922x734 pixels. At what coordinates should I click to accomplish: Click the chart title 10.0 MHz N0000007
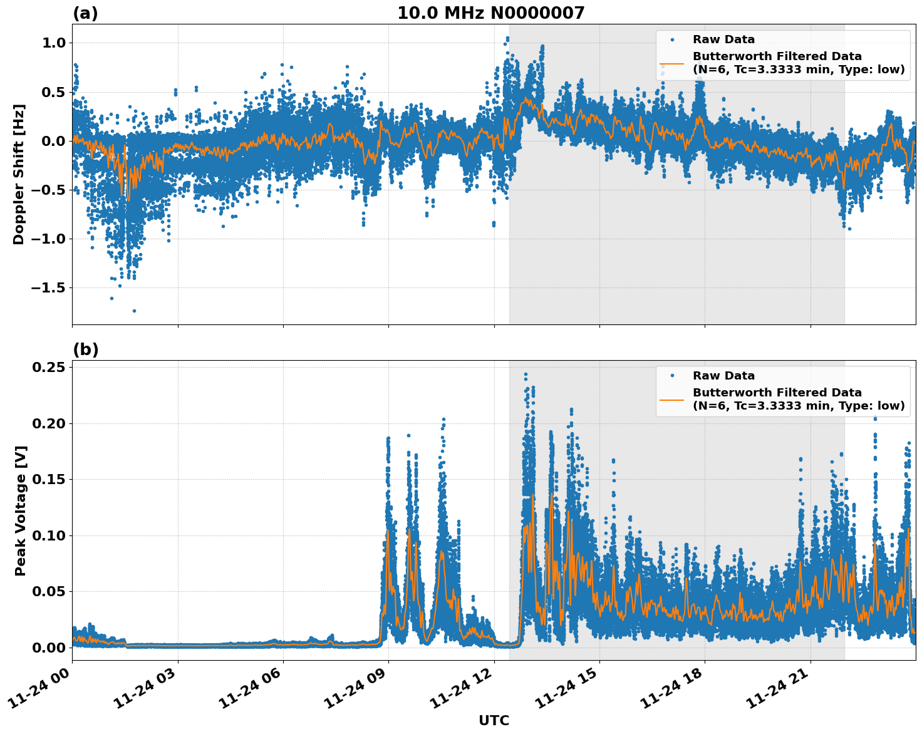(x=490, y=13)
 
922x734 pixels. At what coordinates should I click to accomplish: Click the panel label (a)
(x=85, y=13)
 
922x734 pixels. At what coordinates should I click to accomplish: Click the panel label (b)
(x=85, y=349)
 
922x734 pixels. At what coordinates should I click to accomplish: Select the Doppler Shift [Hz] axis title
(x=19, y=174)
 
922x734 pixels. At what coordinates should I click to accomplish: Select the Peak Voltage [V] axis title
(x=21, y=510)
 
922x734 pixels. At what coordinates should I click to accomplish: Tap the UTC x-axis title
(x=494, y=720)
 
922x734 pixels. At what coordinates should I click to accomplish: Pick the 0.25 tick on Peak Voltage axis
(x=50, y=367)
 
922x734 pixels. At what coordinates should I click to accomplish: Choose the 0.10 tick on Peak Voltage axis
(x=50, y=535)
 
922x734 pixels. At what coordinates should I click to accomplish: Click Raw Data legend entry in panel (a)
(x=723, y=39)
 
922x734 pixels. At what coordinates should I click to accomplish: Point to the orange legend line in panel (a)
(x=671, y=63)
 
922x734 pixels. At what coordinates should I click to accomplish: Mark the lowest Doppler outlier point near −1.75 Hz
(x=134, y=311)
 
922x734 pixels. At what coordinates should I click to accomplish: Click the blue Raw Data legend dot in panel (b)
(x=671, y=376)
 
